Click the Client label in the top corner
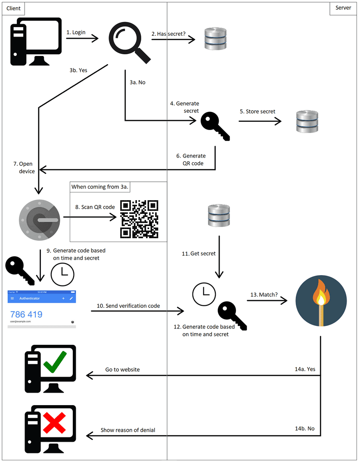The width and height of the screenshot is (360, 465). point(13,8)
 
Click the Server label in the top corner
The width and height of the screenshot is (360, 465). point(343,8)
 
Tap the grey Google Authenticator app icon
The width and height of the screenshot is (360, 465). point(40,219)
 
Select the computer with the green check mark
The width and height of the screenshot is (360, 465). point(50,369)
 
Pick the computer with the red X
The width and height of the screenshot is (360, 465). point(50,429)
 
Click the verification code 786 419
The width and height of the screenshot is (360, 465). point(26,314)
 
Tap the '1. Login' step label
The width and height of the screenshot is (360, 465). point(76,32)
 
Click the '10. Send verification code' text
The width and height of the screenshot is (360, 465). point(128,306)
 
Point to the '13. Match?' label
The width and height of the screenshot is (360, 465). point(264,294)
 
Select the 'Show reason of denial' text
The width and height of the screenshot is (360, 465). point(128,430)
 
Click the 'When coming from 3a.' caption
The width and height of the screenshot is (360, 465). point(100,187)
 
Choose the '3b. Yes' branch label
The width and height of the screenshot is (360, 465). point(78,70)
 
